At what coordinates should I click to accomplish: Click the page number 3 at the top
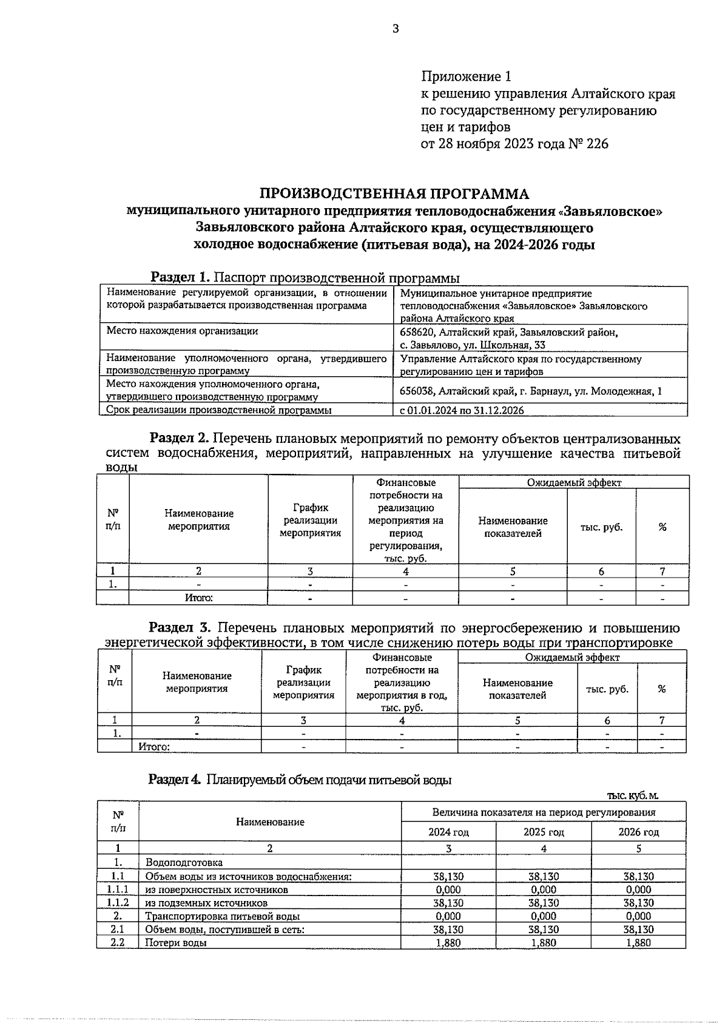click(x=395, y=29)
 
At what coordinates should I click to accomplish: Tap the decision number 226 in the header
click(x=596, y=144)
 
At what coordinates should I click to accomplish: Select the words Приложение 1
click(x=466, y=77)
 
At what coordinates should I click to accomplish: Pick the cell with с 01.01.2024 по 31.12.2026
click(x=462, y=411)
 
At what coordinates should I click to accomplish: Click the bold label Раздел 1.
click(x=180, y=278)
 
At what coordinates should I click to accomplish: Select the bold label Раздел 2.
click(x=180, y=438)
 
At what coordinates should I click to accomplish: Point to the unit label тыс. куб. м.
click(x=632, y=795)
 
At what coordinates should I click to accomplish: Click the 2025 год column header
click(x=544, y=832)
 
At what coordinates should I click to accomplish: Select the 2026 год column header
click(x=638, y=832)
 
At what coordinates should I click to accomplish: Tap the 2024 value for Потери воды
click(x=448, y=942)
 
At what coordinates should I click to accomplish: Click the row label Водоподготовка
click(x=184, y=863)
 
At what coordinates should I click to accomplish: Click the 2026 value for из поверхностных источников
click(x=638, y=889)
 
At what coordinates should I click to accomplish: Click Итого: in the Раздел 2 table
click(x=198, y=598)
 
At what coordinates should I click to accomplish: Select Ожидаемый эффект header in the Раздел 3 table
click(x=572, y=657)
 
